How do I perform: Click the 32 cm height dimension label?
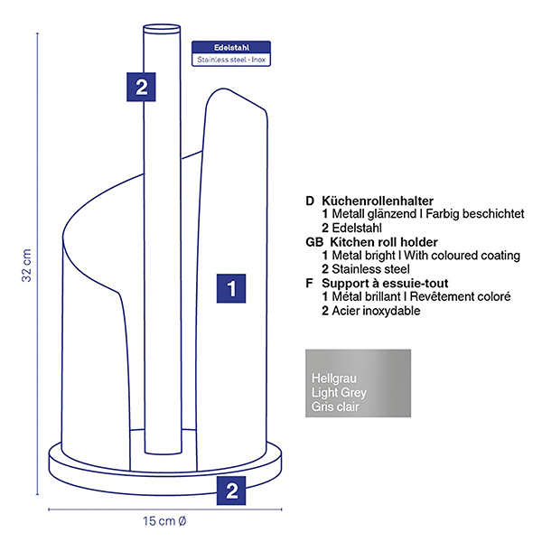(x=27, y=266)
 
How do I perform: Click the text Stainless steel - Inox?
(x=231, y=60)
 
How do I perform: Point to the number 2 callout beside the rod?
(x=142, y=87)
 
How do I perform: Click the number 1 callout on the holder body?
(x=231, y=289)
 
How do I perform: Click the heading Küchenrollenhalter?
(x=378, y=201)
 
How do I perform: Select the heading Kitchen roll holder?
(x=384, y=242)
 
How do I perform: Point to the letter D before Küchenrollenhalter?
(x=310, y=201)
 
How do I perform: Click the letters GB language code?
(x=314, y=242)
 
